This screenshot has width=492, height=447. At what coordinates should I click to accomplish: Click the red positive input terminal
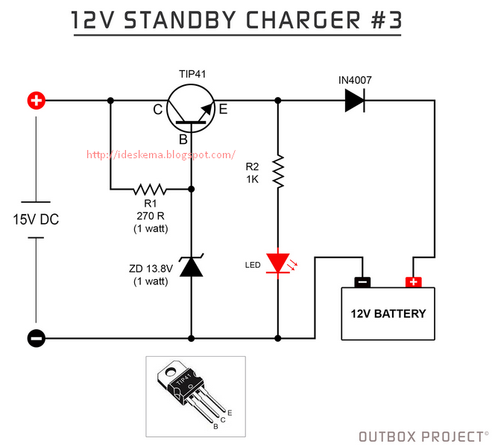(36, 101)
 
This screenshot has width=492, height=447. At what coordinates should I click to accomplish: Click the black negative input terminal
(36, 338)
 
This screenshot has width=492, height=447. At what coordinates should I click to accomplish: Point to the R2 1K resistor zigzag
(278, 171)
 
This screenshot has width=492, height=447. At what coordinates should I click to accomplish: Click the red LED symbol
(278, 263)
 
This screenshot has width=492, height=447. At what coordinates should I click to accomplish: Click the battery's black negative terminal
(362, 282)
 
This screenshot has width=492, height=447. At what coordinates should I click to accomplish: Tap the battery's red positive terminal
(412, 282)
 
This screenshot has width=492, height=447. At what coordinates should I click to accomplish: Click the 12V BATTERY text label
(388, 313)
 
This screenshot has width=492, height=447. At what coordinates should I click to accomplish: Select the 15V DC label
(36, 220)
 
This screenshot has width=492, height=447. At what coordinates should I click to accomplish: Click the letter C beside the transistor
(157, 110)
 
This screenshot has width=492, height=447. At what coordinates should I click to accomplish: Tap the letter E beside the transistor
(223, 110)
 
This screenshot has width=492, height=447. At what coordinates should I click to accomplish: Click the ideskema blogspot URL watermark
(161, 155)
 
